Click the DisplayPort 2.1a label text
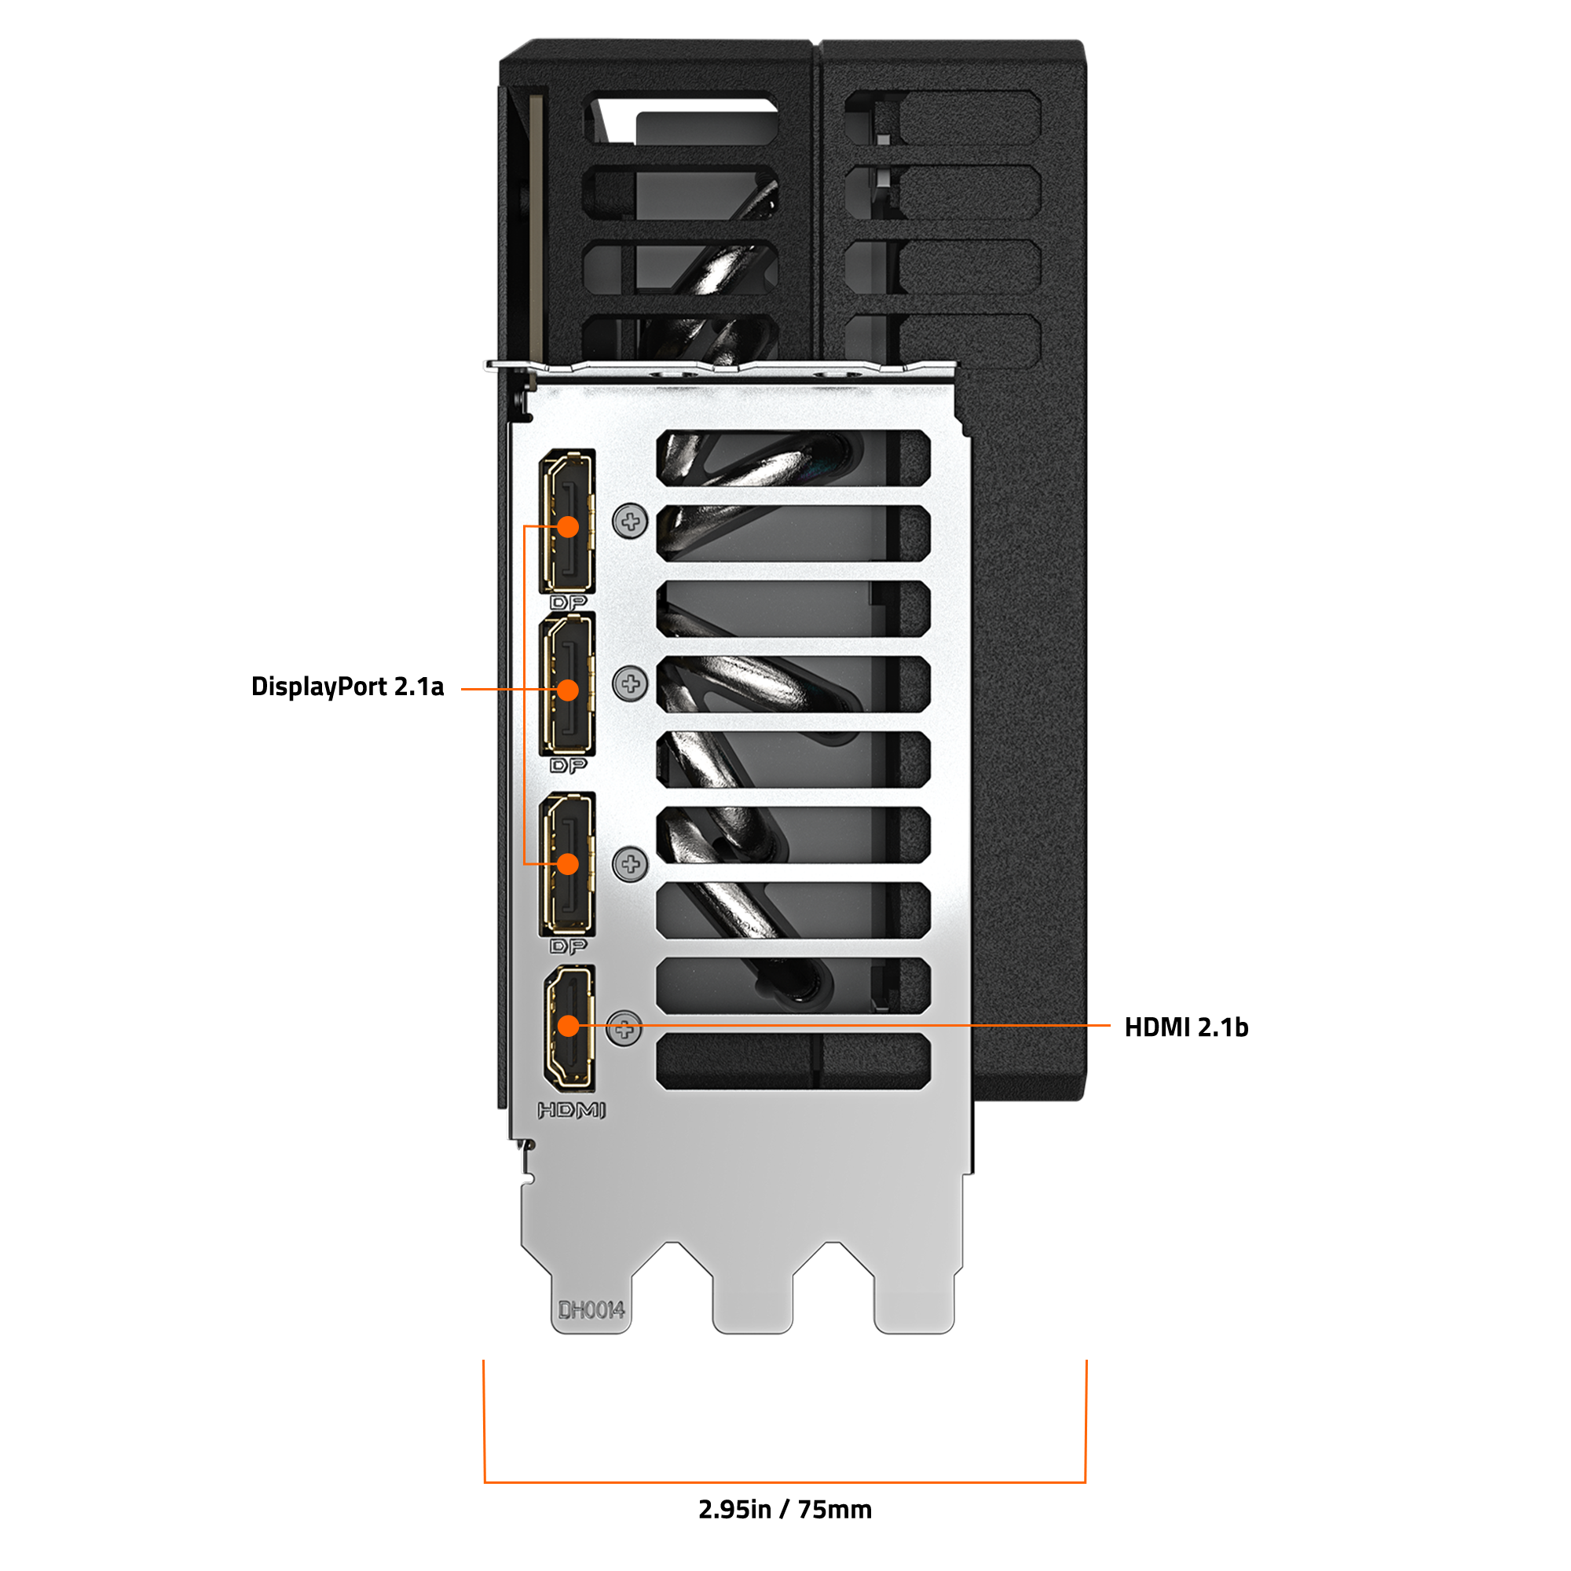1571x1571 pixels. pyautogui.click(x=347, y=687)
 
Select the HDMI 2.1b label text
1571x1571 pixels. pyautogui.click(x=1185, y=1027)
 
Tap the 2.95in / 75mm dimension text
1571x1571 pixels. pyautogui.click(x=785, y=1509)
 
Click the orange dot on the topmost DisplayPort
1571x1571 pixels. pyautogui.click(x=569, y=527)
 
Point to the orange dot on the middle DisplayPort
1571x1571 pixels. pyautogui.click(x=569, y=690)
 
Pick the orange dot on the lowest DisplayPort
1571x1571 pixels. pyautogui.click(x=569, y=863)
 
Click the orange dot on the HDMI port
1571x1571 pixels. pyautogui.click(x=569, y=1026)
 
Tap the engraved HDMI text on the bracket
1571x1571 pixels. pyautogui.click(x=572, y=1110)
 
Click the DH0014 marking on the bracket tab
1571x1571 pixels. pyautogui.click(x=591, y=1310)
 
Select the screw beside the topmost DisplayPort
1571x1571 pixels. pyautogui.click(x=630, y=522)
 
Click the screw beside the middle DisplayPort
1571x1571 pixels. pyautogui.click(x=630, y=684)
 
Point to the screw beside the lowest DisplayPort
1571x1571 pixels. pyautogui.click(x=630, y=863)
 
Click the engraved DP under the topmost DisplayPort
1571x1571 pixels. pyautogui.click(x=569, y=602)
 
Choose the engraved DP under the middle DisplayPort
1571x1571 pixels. pyautogui.click(x=569, y=765)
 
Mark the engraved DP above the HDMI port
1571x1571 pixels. pyautogui.click(x=569, y=946)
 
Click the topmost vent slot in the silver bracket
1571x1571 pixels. pyautogui.click(x=793, y=458)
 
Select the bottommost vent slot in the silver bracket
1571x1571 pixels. pyautogui.click(x=793, y=1061)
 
